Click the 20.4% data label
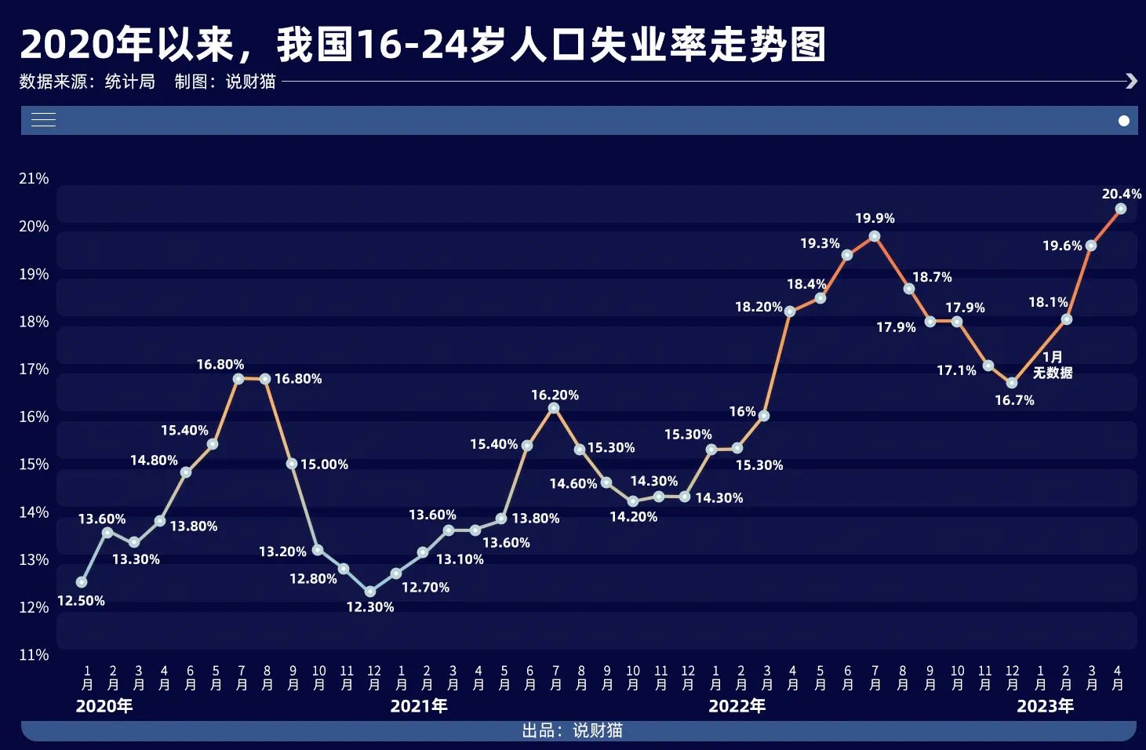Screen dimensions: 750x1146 click(1121, 194)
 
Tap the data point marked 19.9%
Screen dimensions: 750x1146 click(874, 236)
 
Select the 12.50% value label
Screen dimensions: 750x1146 click(81, 601)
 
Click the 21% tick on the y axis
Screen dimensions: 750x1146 click(34, 179)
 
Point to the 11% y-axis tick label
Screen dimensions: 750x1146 click(34, 654)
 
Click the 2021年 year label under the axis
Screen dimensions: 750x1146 click(419, 706)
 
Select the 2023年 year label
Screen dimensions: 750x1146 click(1045, 706)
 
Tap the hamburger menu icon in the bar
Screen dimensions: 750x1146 click(43, 120)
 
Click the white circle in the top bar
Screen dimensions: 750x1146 click(1123, 121)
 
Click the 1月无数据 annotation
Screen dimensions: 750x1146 click(1052, 365)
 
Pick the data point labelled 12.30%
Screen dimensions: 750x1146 click(370, 592)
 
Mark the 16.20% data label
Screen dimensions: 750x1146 click(555, 395)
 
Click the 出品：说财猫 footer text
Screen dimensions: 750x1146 click(572, 730)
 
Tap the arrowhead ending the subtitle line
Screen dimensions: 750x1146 click(1130, 81)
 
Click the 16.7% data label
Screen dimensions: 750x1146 click(1014, 401)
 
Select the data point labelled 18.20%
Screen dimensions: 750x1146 click(790, 311)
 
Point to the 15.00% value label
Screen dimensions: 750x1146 click(324, 464)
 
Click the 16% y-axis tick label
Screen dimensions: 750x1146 click(34, 417)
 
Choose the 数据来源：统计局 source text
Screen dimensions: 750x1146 click(87, 82)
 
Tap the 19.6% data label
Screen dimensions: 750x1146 click(1061, 246)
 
